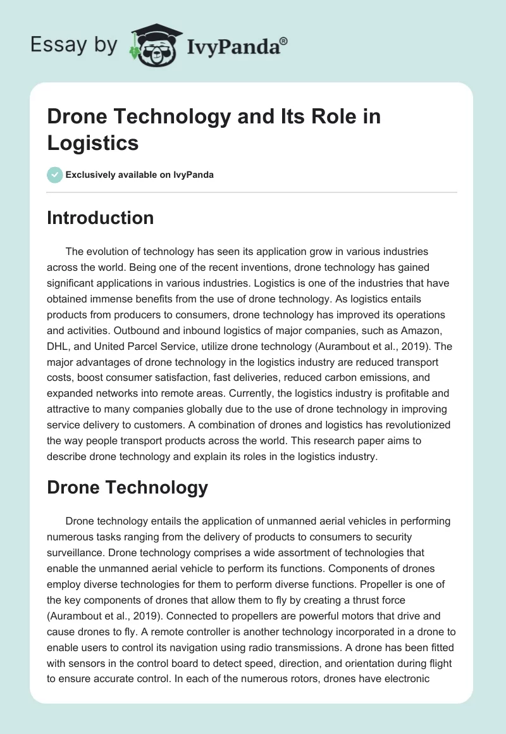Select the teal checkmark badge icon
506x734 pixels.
(54, 175)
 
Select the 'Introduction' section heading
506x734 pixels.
(101, 218)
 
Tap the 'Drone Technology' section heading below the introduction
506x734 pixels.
(128, 487)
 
